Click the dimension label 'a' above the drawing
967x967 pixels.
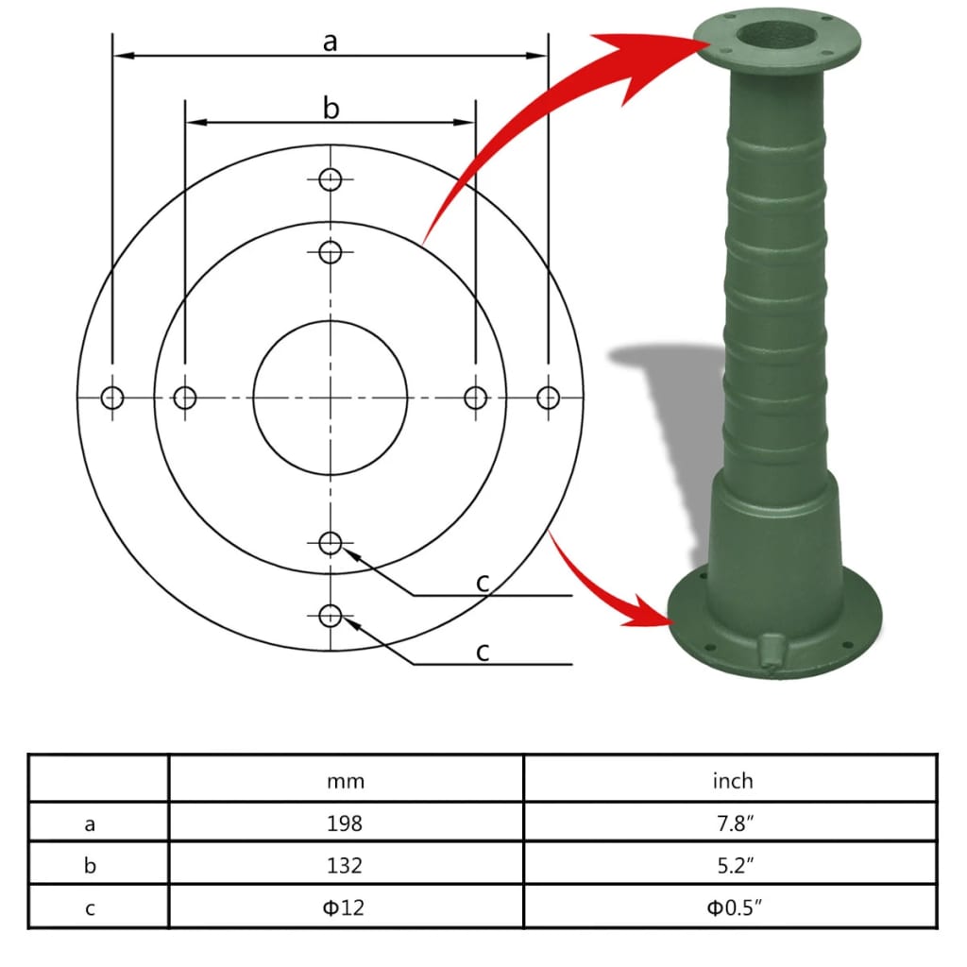(330, 42)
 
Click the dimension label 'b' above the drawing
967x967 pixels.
(331, 109)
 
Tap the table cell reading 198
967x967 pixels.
(346, 823)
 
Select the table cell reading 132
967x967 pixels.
(346, 865)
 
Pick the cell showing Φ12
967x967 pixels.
(346, 908)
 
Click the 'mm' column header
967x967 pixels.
(346, 781)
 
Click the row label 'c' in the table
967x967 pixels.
(91, 908)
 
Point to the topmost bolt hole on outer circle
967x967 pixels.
(330, 179)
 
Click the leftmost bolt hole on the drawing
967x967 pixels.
(112, 398)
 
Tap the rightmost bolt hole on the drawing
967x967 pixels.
(548, 398)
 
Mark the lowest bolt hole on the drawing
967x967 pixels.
(330, 617)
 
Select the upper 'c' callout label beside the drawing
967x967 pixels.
(483, 582)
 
